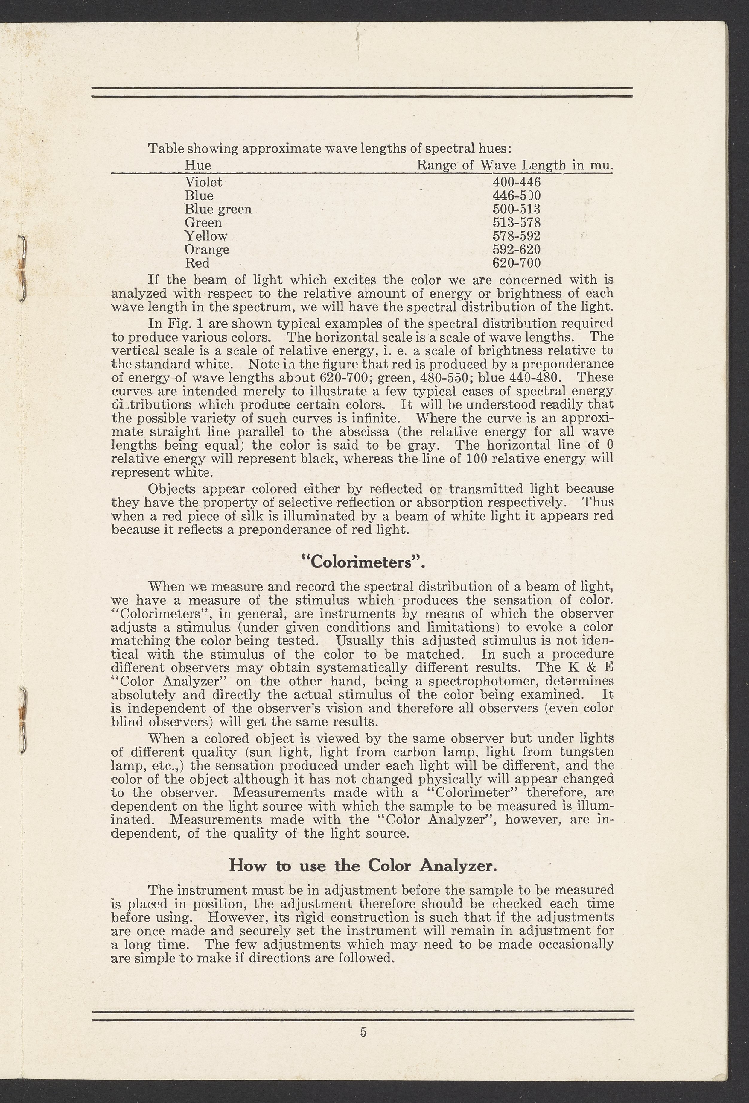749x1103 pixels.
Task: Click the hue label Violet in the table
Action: point(203,182)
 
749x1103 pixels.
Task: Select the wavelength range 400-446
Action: point(517,182)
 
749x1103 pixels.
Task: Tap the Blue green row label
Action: point(218,209)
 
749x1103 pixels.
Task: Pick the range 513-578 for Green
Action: point(517,223)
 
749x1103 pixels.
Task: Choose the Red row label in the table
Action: point(197,263)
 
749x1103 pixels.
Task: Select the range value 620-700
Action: point(517,263)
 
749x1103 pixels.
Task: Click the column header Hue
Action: point(197,165)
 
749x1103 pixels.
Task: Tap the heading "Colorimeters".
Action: point(363,562)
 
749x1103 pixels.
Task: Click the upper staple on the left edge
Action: point(21,268)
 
